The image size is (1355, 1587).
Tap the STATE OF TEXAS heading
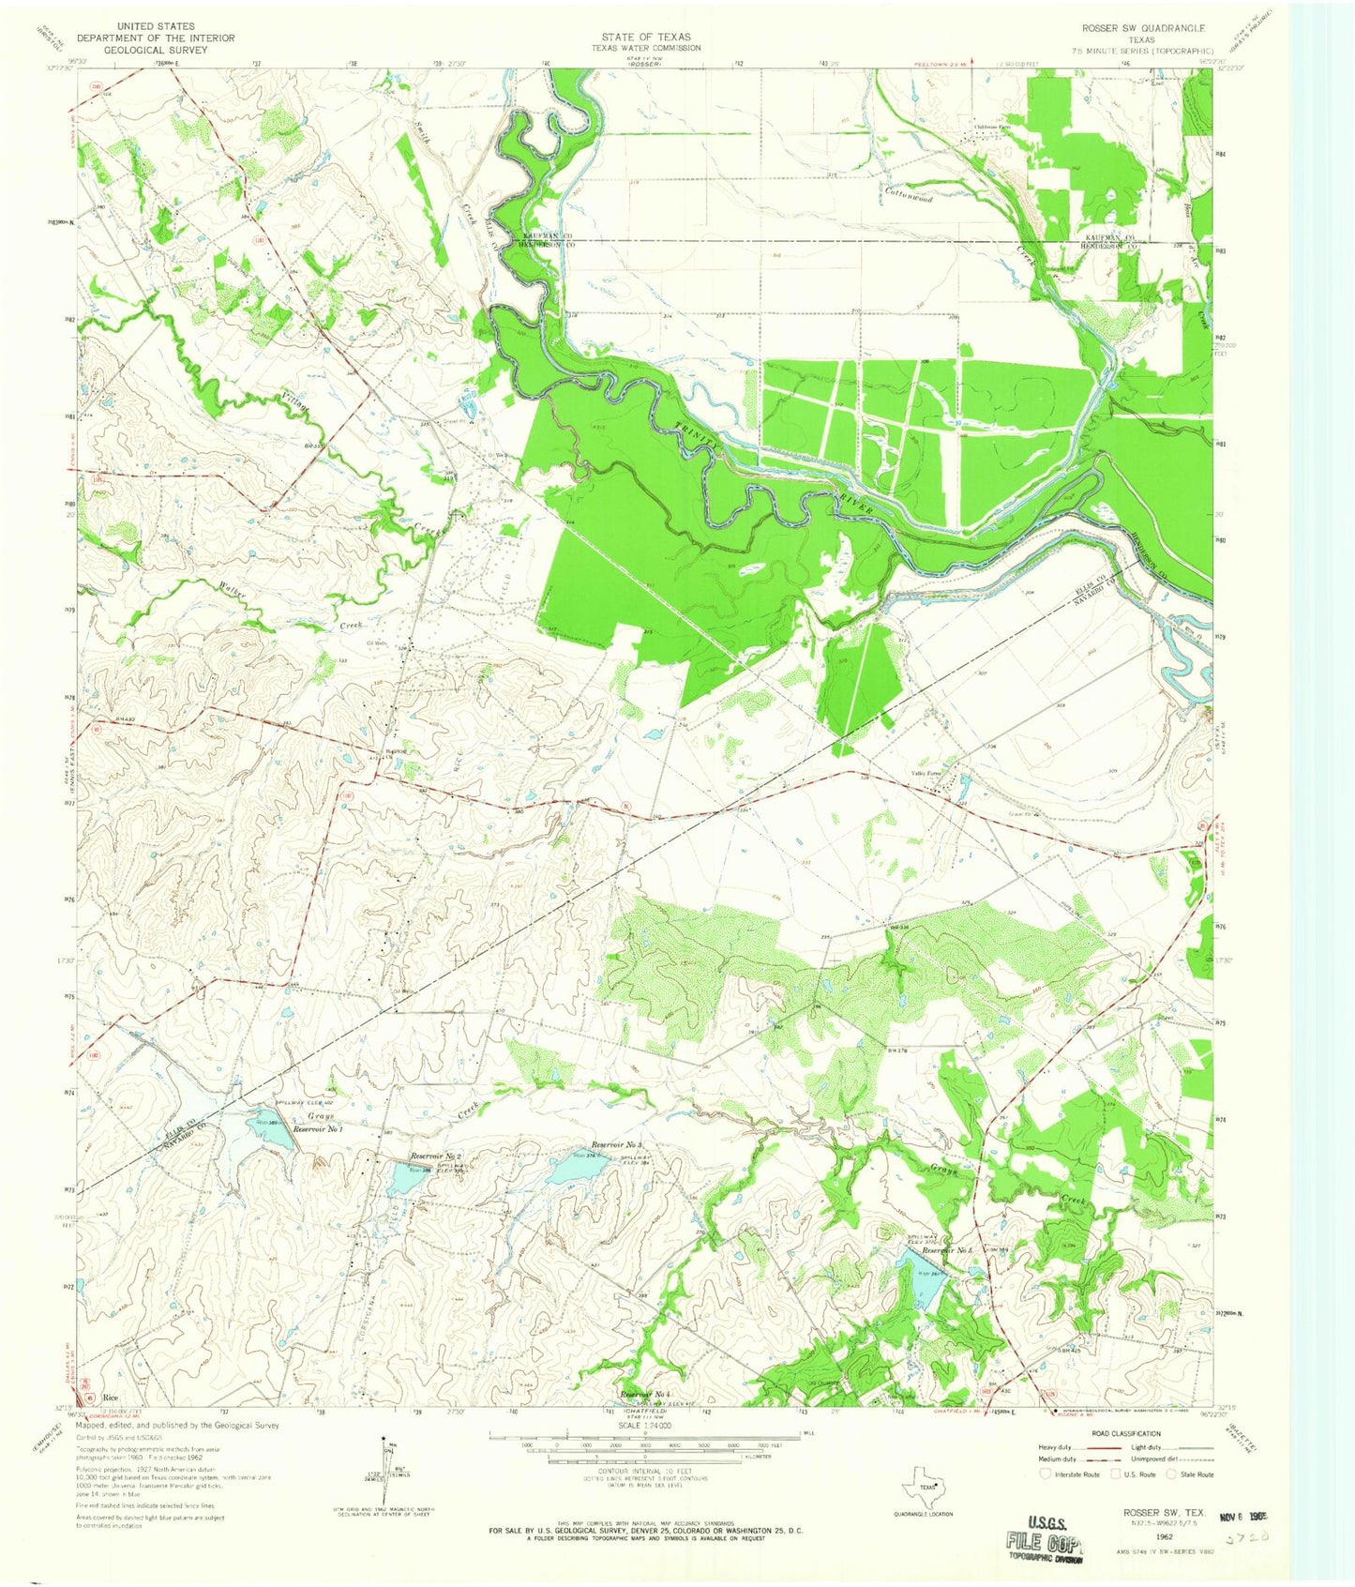tap(645, 38)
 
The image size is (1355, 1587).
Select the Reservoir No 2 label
tap(433, 1156)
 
